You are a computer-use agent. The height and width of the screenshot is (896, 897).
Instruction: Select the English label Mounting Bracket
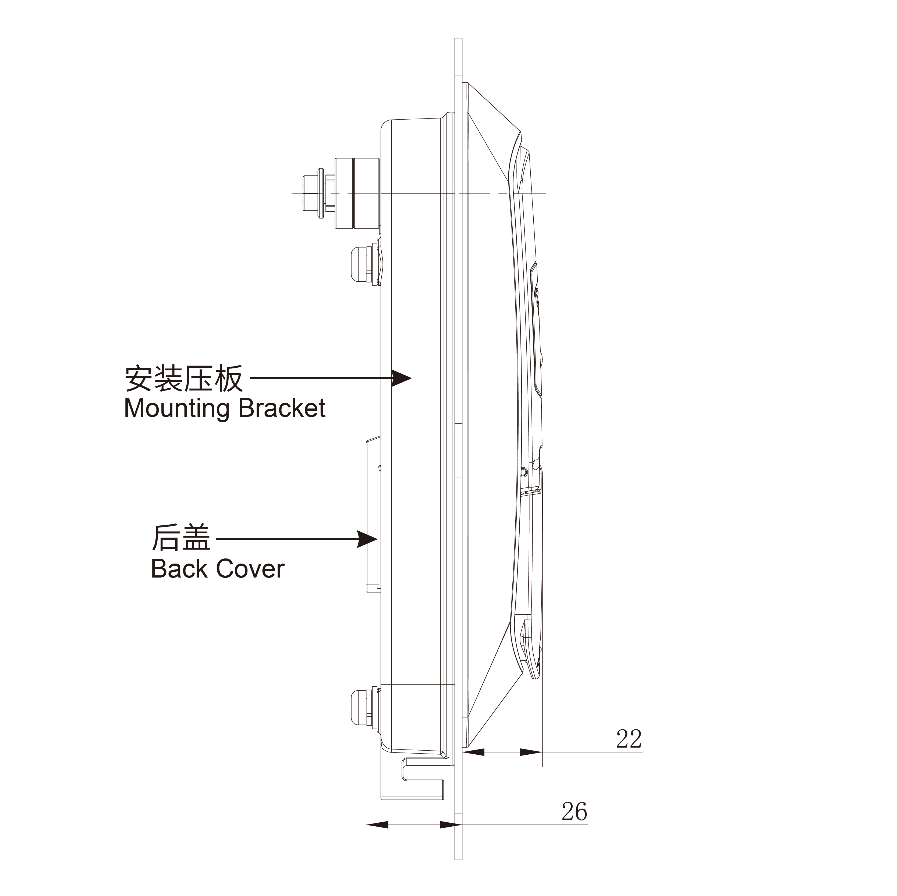tap(225, 408)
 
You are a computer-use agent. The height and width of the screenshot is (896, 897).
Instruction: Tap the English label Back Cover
tap(217, 569)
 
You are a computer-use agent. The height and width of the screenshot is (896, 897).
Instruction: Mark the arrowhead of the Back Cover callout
tap(368, 539)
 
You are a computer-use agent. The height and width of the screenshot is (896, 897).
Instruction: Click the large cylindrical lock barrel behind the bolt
tap(357, 193)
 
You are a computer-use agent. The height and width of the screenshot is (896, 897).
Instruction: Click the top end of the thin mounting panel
tap(458, 42)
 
